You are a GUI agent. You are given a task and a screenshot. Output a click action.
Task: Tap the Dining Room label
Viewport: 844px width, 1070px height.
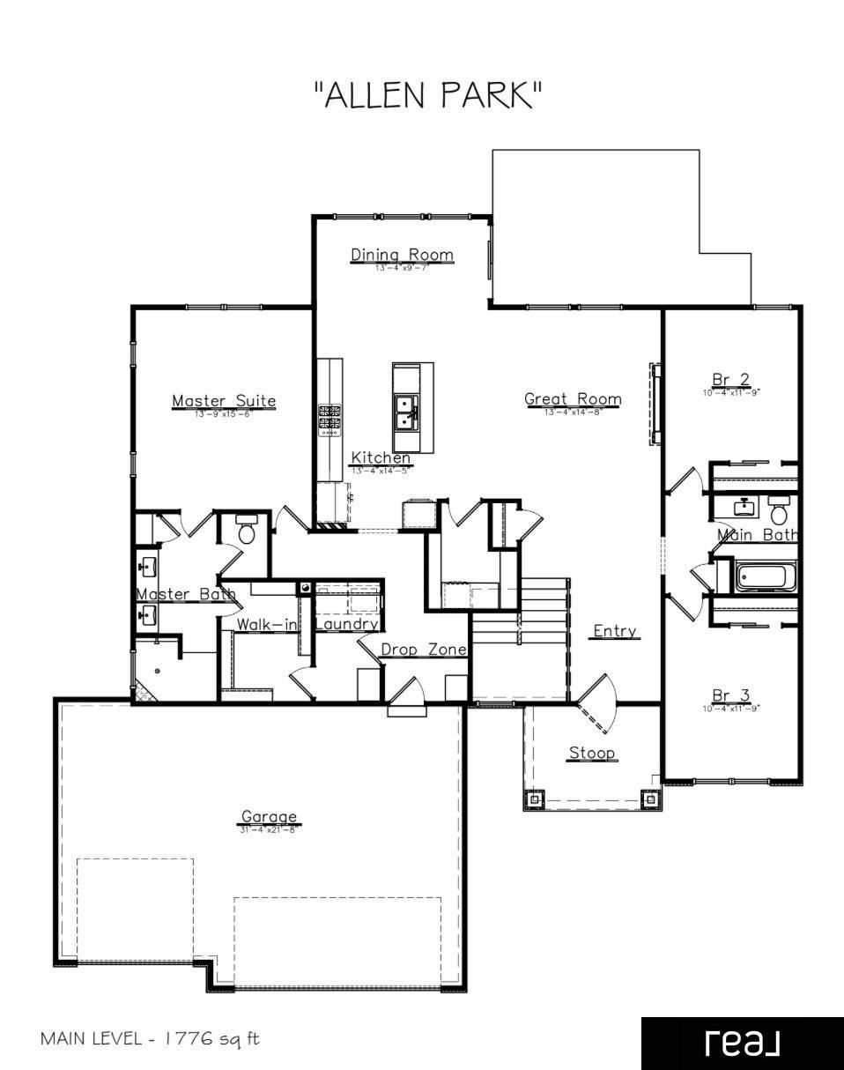pos(402,255)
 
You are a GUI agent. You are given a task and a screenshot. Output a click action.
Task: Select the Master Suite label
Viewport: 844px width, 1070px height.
pos(223,401)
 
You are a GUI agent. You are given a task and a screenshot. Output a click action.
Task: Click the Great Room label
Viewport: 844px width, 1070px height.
pos(573,398)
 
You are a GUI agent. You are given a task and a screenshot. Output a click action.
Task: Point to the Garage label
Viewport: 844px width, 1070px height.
pos(269,816)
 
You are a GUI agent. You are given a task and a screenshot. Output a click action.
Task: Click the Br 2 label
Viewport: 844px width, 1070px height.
pos(731,379)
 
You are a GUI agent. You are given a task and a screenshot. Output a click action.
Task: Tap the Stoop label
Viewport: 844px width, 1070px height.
pos(591,753)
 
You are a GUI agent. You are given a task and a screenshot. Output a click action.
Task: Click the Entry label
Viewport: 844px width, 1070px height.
pos(615,631)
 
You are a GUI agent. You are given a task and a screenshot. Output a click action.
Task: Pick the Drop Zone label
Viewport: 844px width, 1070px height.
pos(423,649)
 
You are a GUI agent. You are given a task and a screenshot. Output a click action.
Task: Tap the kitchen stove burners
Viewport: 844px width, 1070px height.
pos(329,420)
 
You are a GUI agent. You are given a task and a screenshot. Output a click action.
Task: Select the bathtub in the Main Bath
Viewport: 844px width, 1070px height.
pos(765,578)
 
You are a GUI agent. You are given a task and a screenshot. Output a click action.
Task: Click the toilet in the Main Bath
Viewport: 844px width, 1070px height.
pos(779,510)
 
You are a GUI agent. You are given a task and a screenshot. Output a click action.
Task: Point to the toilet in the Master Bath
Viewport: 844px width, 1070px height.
pos(247,530)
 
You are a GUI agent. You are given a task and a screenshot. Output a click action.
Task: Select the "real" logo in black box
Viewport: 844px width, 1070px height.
pos(742,1043)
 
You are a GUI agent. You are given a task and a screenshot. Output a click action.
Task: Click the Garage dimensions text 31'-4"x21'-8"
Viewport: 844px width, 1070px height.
pos(269,829)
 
